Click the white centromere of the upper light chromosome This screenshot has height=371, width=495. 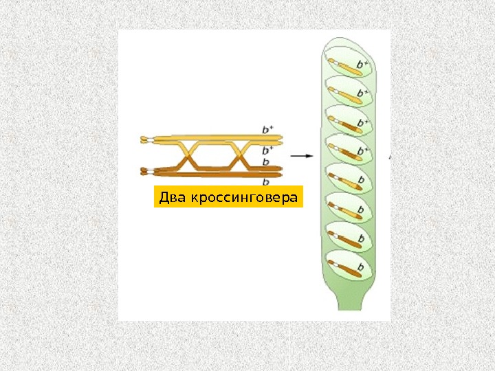pyautogui.click(x=145, y=140)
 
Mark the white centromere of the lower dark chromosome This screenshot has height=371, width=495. pyautogui.click(x=145, y=170)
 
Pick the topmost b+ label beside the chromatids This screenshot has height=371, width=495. pyautogui.click(x=267, y=129)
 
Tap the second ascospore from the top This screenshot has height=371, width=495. pyautogui.click(x=347, y=93)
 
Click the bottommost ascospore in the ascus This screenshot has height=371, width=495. pyautogui.click(x=347, y=265)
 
